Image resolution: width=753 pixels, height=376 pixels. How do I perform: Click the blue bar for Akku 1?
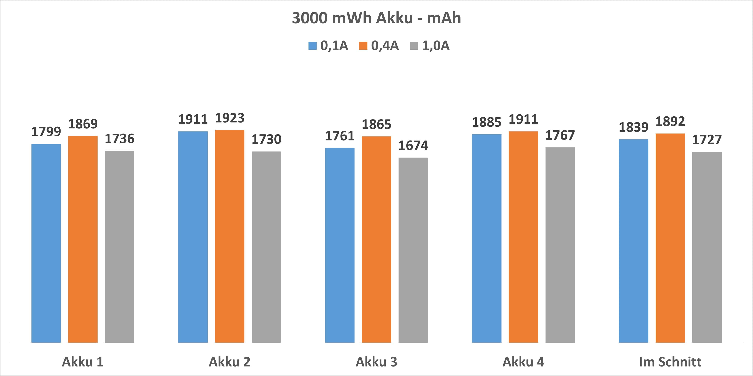tap(46, 243)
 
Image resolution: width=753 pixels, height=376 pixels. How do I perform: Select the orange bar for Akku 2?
tap(230, 236)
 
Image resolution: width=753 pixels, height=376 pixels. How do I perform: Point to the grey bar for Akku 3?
tap(413, 250)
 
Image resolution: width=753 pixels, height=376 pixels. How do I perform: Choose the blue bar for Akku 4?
tap(487, 238)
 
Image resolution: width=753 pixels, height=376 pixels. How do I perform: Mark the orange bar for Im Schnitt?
tap(670, 238)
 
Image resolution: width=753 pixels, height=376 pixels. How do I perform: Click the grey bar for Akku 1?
tap(119, 246)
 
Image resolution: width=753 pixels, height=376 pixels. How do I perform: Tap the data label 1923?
tap(230, 118)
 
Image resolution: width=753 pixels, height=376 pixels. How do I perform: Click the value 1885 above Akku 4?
tap(487, 122)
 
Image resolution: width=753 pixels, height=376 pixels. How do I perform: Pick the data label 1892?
tap(670, 121)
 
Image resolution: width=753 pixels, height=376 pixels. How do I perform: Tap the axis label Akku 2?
tap(230, 362)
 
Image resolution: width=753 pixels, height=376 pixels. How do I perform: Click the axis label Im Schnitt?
tap(670, 362)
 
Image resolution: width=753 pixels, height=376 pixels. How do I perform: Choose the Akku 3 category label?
tap(377, 362)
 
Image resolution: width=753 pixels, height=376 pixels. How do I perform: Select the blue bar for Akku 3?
tap(340, 245)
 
